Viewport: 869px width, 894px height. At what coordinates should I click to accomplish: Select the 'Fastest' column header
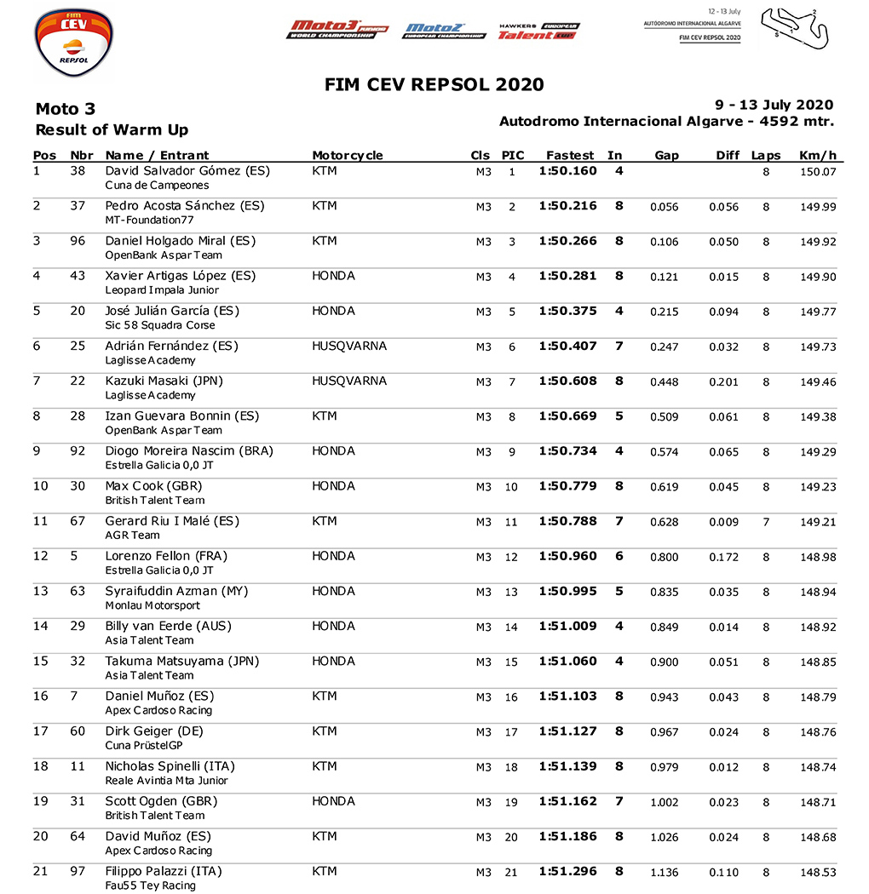pos(570,155)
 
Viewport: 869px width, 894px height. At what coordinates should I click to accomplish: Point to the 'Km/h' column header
pos(818,155)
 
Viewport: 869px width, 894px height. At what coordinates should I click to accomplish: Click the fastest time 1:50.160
pos(567,171)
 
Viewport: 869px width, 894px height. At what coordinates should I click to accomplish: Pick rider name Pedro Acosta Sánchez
pos(185,206)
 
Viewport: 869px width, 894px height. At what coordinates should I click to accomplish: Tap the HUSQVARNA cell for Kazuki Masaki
pos(349,381)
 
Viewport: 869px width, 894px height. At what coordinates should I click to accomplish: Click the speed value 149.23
pos(818,487)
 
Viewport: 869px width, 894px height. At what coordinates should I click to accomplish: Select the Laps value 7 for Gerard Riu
pos(766,522)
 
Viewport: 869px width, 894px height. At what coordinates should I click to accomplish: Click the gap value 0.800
pos(665,557)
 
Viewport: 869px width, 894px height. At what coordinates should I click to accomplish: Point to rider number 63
pos(78,591)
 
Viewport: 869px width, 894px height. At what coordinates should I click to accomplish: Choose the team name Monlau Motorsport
pos(153,605)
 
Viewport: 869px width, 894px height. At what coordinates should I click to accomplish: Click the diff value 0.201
pos(724,382)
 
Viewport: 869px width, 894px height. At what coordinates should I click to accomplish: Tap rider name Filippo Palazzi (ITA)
pos(164,871)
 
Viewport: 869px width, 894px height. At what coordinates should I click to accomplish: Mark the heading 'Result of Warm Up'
pos(112,130)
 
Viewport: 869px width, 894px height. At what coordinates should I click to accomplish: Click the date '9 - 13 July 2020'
pos(774,106)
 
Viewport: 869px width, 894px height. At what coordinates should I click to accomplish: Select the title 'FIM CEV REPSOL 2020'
pos(434,84)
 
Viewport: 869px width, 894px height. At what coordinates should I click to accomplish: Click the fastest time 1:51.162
pos(567,801)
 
